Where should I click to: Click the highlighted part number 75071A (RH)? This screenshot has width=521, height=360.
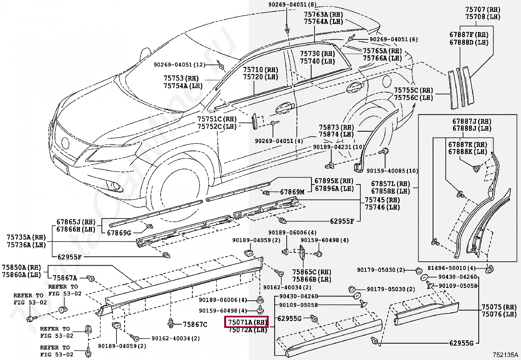246,322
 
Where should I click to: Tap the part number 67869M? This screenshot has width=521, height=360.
292,192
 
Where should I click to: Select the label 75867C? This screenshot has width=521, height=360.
195,324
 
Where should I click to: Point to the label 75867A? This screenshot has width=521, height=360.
65,278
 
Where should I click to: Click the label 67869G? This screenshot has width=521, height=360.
119,233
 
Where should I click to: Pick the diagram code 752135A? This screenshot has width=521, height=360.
505,355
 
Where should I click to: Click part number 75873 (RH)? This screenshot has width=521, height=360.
336,127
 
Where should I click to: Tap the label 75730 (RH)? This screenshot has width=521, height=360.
317,53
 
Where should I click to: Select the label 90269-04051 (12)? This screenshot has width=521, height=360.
180,65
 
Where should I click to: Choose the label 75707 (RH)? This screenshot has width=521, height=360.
483,9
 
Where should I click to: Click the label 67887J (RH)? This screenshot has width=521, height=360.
472,121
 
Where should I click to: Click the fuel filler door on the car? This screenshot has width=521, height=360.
386,81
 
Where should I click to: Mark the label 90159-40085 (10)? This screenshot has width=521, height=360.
392,171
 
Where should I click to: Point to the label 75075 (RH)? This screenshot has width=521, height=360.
499,307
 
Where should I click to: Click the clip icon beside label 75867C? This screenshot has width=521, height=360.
171,323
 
